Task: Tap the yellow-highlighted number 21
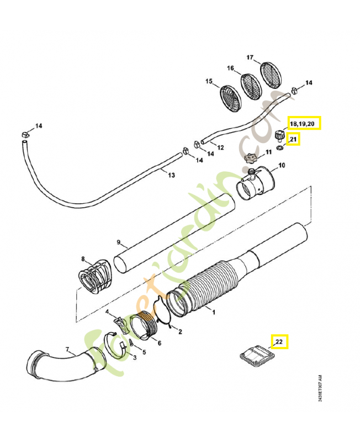tap(293, 139)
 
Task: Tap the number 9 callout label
tap(118, 242)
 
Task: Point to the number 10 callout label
tap(281, 165)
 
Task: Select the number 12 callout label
tap(220, 148)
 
